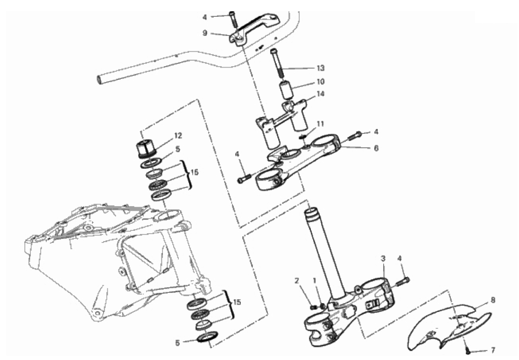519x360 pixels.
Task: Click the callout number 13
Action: (320, 68)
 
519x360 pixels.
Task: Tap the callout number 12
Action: (178, 136)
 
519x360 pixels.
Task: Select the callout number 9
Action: (205, 33)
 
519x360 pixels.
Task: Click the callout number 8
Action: (493, 300)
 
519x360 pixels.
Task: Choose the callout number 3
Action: (383, 258)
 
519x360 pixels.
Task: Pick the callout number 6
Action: (376, 148)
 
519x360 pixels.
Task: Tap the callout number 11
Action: (320, 124)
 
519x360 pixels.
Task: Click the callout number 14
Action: (320, 94)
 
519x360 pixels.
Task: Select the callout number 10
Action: (320, 81)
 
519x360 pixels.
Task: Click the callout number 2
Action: (297, 281)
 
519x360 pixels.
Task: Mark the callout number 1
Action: (315, 281)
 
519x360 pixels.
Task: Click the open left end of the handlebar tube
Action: (98, 80)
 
